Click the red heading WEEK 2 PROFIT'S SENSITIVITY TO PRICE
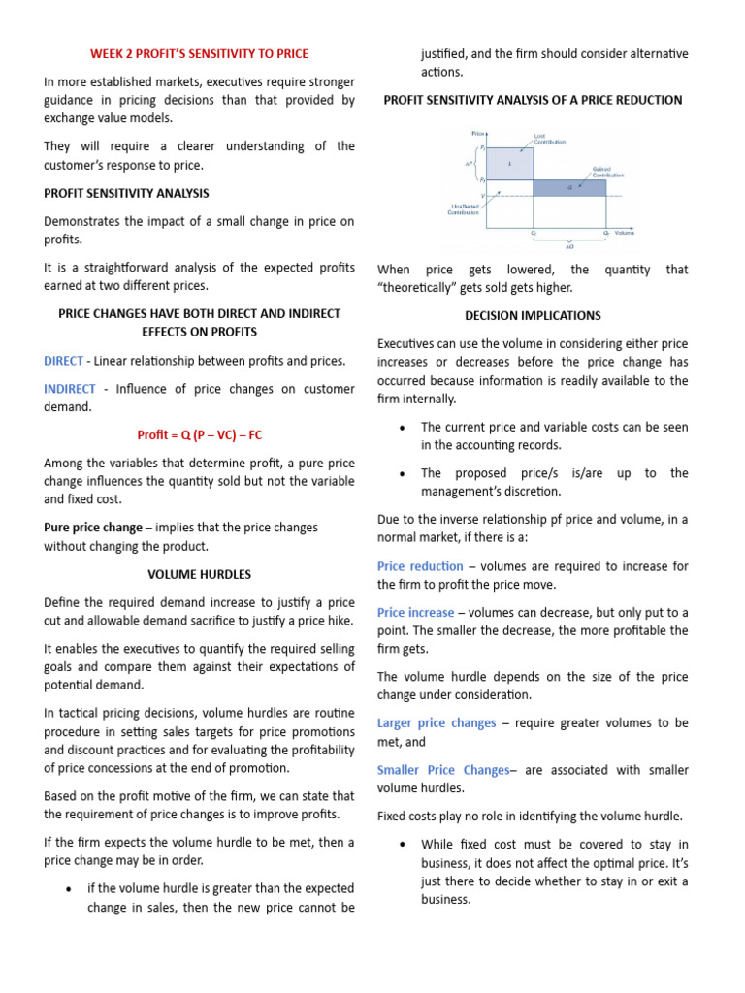point(199,53)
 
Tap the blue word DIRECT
point(63,361)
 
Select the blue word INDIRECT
point(70,389)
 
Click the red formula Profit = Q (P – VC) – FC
point(199,434)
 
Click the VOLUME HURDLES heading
point(199,574)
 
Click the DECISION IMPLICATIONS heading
point(533,315)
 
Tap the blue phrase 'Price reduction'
point(420,566)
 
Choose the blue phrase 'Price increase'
point(415,613)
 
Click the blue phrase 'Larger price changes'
point(437,723)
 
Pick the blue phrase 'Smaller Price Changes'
point(442,770)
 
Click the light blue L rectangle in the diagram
point(509,164)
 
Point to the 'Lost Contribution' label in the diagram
point(550,139)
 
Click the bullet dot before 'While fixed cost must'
point(402,846)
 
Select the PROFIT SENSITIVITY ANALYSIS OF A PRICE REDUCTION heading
point(533,100)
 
